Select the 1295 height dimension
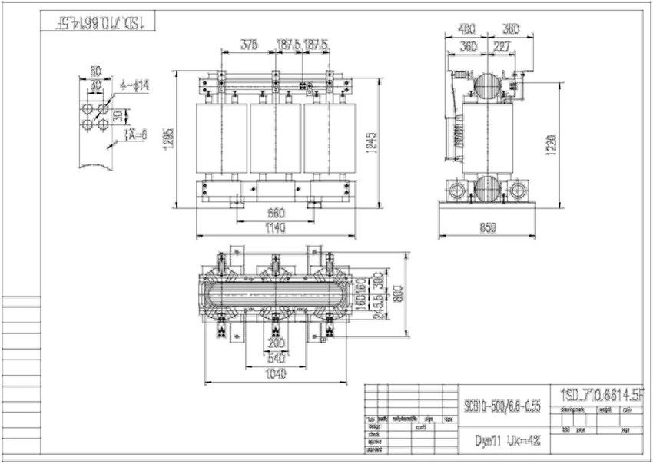[x=170, y=139]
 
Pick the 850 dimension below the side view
[x=486, y=227]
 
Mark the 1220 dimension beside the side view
[x=551, y=143]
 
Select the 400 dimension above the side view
[x=466, y=30]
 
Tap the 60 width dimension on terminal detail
[x=94, y=71]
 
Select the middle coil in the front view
[x=274, y=139]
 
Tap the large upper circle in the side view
[x=487, y=85]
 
